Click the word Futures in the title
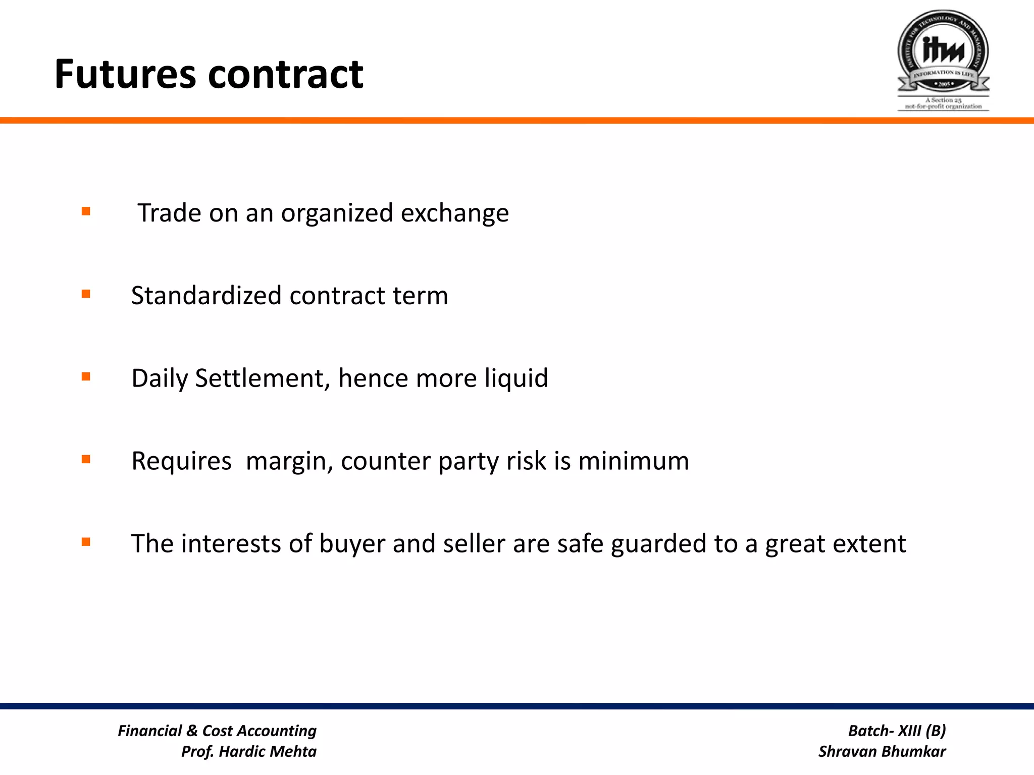(x=125, y=74)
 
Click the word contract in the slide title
(x=285, y=74)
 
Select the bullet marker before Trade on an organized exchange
(x=86, y=211)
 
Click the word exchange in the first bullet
(x=454, y=213)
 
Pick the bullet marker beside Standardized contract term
(x=86, y=294)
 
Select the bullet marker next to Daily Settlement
(x=86, y=376)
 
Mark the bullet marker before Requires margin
(x=86, y=459)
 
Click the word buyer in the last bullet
(x=352, y=544)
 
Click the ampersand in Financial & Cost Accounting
(x=192, y=731)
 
